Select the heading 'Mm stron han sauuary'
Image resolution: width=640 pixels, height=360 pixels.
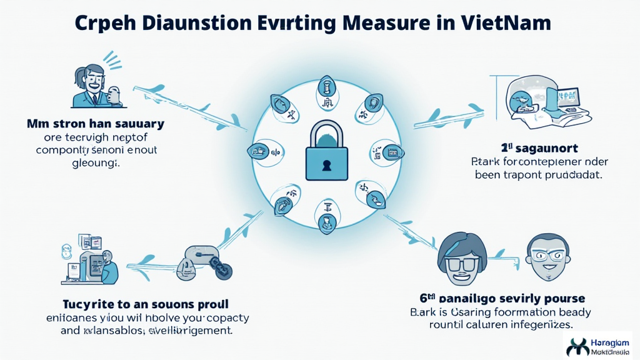coord(96,124)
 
